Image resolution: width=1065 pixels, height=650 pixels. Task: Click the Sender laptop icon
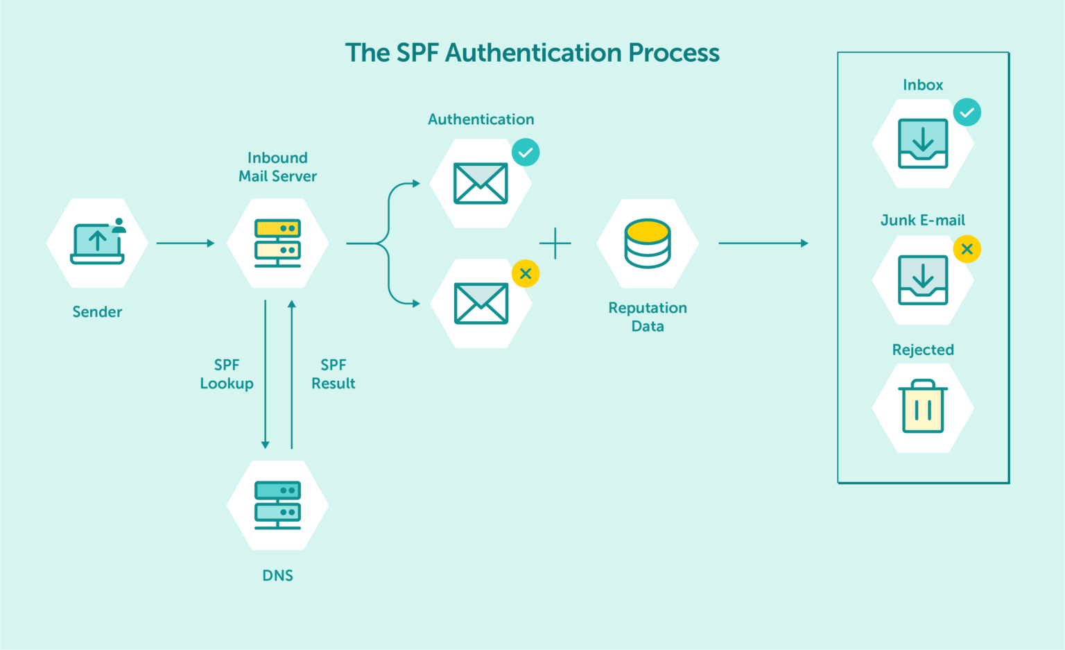[97, 243]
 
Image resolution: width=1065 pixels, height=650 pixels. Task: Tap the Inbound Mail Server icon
[277, 243]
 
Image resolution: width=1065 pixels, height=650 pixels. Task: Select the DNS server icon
[277, 505]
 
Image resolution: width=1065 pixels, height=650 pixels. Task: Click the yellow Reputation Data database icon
[648, 243]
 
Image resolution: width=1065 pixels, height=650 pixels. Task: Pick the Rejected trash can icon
[923, 408]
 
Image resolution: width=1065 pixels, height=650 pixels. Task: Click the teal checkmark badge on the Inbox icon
[967, 112]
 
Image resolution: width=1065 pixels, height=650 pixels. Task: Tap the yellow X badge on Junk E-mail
[967, 249]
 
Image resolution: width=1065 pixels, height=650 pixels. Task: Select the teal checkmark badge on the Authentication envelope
[526, 153]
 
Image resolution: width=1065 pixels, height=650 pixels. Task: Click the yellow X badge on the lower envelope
[526, 273]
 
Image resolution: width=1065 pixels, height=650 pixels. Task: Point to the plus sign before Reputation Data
[555, 243]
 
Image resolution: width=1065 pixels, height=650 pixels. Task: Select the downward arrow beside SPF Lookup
[265, 375]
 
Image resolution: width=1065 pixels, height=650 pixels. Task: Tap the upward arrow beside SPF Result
[292, 375]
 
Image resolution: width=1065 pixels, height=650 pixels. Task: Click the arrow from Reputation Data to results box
[763, 243]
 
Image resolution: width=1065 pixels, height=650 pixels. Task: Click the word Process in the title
[674, 53]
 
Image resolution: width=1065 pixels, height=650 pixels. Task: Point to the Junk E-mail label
[923, 221]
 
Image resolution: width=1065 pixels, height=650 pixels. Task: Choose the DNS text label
[277, 576]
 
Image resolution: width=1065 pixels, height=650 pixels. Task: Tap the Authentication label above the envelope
[481, 119]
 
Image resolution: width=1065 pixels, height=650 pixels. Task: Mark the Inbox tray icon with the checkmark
[923, 144]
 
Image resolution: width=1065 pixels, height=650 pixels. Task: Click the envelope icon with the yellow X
[481, 303]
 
